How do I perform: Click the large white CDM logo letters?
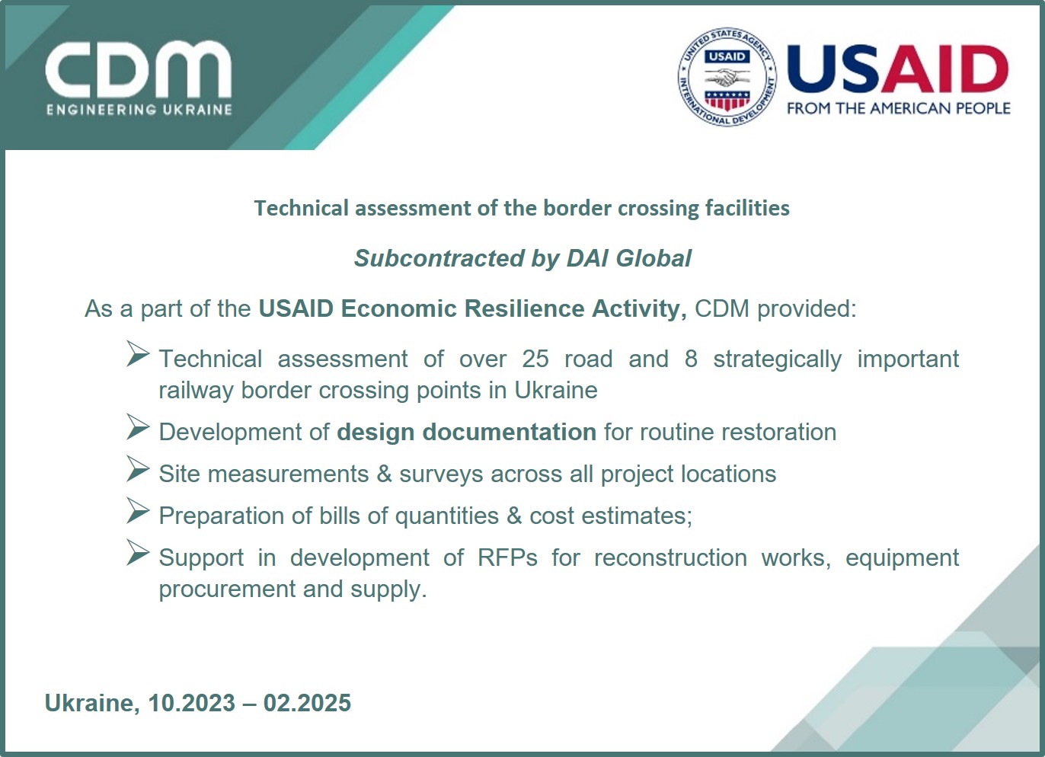pos(139,70)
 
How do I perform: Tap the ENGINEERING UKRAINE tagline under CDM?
pos(139,110)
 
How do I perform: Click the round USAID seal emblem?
pos(727,77)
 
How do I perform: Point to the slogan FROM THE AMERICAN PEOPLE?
pos(899,108)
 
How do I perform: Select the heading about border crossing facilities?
pos(522,208)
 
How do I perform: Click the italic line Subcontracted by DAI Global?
pos(522,258)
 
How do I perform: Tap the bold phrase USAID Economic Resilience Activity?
pos(472,308)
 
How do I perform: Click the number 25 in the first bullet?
pos(535,359)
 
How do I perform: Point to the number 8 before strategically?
pos(691,359)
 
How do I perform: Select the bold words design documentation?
pos(466,432)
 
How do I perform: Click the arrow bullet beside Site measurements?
pos(138,469)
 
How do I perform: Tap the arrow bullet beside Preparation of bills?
pos(138,511)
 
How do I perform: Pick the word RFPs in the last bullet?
pos(507,557)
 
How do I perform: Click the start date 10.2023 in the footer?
pos(191,703)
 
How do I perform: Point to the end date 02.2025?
pos(307,703)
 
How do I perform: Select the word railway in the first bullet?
pos(196,391)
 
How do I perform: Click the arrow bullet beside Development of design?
pos(138,426)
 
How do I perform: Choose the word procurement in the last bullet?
pos(227,589)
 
